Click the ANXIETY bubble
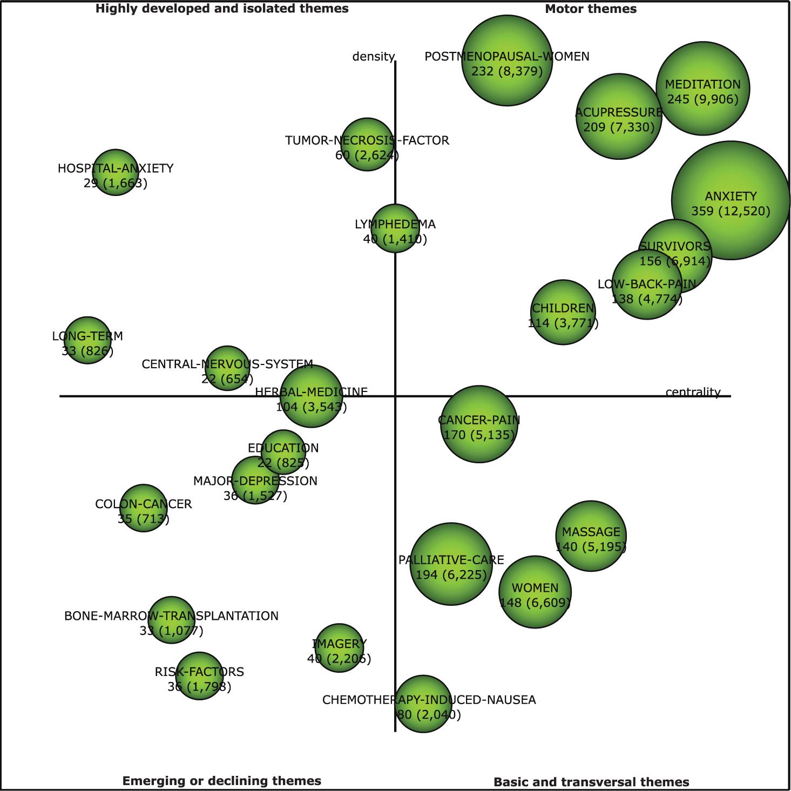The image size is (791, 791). click(731, 200)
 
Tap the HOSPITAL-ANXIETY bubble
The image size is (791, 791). click(115, 172)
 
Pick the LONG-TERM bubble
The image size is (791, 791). click(87, 340)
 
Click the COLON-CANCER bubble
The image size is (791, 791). click(143, 508)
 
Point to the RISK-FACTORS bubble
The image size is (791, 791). click(199, 676)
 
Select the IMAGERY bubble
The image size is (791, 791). click(339, 648)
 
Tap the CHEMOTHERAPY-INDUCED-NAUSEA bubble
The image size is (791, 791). click(423, 704)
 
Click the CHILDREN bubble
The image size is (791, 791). click(563, 312)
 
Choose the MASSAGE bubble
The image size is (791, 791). click(591, 536)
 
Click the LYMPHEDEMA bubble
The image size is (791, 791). click(395, 228)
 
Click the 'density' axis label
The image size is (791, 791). click(373, 57)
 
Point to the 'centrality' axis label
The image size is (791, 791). click(693, 392)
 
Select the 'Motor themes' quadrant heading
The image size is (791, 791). click(591, 9)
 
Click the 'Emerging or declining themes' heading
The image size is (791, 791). click(221, 781)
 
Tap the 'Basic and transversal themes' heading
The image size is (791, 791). click(591, 782)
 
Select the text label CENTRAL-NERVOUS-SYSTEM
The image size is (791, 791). click(227, 364)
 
